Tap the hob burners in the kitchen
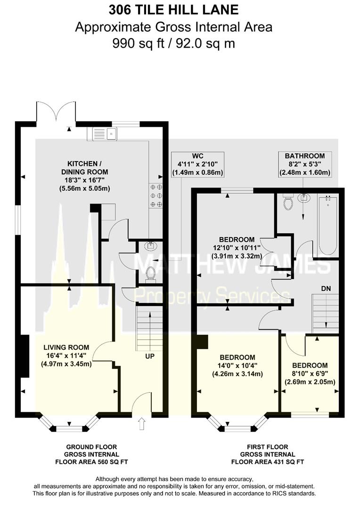[x=155, y=196]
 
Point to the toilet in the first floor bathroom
[x=287, y=202]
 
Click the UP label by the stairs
[x=150, y=356]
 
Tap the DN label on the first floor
[x=326, y=288]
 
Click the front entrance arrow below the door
[x=141, y=424]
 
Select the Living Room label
[x=66, y=356]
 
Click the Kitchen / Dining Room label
[x=85, y=176]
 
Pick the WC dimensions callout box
[x=198, y=164]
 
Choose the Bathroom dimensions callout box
[x=305, y=164]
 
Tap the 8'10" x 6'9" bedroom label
[x=310, y=373]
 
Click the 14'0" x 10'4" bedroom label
[x=237, y=366]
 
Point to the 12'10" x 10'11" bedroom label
[x=237, y=248]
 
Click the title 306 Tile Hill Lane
[x=174, y=10]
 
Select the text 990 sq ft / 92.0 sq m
[x=174, y=43]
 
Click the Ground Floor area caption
[x=91, y=454]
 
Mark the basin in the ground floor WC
[x=151, y=246]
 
